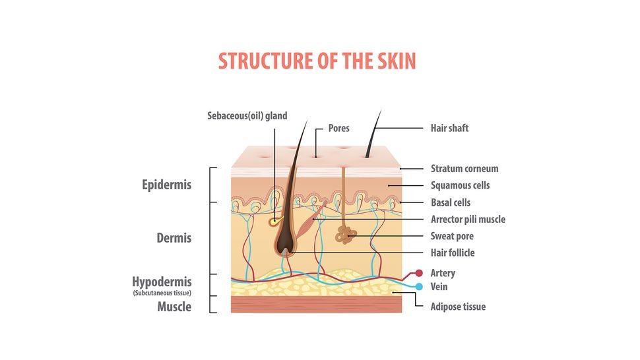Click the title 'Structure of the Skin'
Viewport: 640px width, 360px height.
[317, 61]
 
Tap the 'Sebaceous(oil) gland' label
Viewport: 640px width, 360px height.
[247, 116]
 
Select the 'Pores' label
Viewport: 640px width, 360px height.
[338, 128]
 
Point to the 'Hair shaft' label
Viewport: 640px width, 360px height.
[449, 128]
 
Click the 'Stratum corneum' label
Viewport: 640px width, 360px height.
[464, 169]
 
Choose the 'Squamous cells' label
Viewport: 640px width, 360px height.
[460, 186]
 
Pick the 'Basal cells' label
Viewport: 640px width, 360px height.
[451, 202]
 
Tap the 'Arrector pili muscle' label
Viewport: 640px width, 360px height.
[468, 219]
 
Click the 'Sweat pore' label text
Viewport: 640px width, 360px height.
[452, 236]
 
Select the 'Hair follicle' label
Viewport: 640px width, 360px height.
[453, 253]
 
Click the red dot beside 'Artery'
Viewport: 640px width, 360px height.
[418, 273]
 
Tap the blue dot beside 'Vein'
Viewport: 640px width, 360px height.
[418, 287]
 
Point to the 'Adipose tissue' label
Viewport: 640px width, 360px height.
[458, 307]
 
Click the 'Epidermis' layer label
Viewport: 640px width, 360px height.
[167, 185]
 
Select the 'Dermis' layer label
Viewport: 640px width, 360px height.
[174, 237]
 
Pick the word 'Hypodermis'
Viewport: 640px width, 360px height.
[162, 282]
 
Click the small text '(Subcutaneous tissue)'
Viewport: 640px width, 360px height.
[162, 292]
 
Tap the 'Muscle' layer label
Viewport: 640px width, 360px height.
[174, 307]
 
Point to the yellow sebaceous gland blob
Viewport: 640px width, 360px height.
[273, 222]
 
